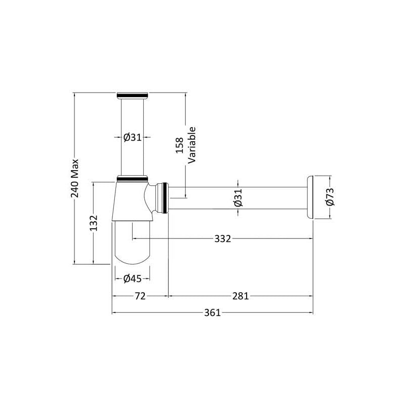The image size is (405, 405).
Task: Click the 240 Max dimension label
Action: tap(74, 178)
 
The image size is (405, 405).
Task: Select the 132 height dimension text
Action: tap(94, 223)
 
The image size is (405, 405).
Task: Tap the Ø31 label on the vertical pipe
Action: tap(132, 137)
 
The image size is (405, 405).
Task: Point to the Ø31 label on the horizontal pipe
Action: tap(238, 197)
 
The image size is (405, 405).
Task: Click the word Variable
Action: tap(192, 145)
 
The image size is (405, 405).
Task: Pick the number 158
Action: tap(180, 145)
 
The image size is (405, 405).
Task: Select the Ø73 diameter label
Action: tap(330, 197)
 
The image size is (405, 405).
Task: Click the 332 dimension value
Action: tap(223, 238)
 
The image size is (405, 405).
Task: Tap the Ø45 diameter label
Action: tap(132, 278)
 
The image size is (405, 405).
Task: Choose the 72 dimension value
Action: tap(140, 296)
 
